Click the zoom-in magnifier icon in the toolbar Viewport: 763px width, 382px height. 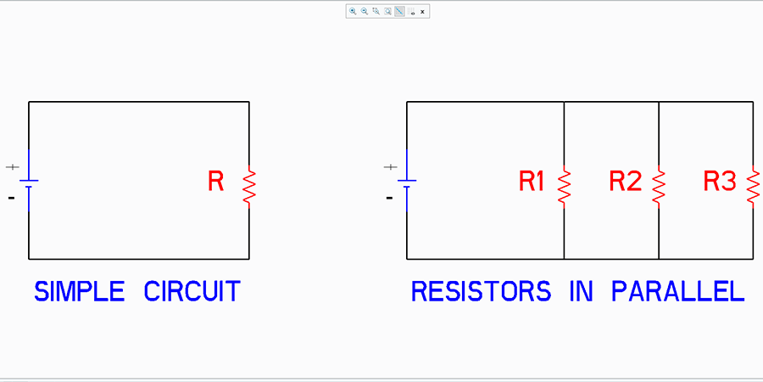353,11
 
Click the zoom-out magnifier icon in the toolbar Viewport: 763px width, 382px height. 364,11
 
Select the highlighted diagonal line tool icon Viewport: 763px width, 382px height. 399,11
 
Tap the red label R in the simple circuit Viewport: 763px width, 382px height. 215,181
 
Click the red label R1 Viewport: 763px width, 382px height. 532,182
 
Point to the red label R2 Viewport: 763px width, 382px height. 626,182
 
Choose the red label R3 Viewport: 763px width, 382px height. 720,182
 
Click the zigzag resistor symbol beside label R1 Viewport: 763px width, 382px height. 564,187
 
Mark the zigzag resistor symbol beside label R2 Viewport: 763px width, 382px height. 659,187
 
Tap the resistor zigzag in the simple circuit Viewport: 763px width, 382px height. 249,187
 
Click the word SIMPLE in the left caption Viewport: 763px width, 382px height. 79,291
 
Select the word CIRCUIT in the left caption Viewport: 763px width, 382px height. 192,291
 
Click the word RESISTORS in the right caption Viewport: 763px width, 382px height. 482,291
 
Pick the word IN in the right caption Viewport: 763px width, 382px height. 582,291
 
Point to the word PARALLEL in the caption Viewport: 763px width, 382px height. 678,291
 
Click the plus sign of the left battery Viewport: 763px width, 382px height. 12,167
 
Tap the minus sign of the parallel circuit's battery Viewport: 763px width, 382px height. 389,198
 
